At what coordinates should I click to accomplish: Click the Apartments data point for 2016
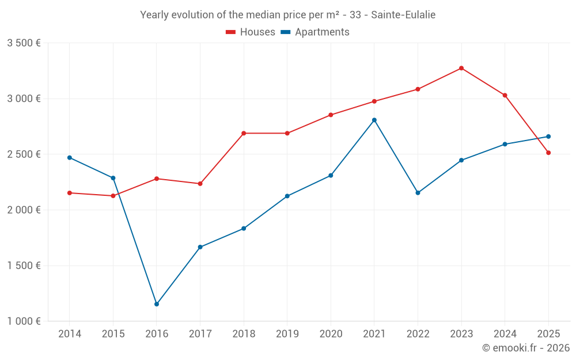157,304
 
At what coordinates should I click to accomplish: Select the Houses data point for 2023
461,68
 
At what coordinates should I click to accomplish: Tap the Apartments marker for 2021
374,120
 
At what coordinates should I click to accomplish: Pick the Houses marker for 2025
548,153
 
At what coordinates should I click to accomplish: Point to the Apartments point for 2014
70,157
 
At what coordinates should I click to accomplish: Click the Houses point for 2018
244,133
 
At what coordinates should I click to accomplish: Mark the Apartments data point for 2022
418,193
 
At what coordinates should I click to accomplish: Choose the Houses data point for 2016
157,179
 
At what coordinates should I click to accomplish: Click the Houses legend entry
251,32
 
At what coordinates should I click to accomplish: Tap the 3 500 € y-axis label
24,43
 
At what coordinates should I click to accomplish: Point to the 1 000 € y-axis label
24,321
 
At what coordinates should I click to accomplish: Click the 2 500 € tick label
24,154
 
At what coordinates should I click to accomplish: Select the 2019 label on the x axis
287,334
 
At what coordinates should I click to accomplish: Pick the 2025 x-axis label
548,334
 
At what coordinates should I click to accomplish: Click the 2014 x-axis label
70,334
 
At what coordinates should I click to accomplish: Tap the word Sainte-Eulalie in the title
403,15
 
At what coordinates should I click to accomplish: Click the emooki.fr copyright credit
526,348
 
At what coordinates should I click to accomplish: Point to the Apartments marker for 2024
505,144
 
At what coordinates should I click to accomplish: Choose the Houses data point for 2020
331,115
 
